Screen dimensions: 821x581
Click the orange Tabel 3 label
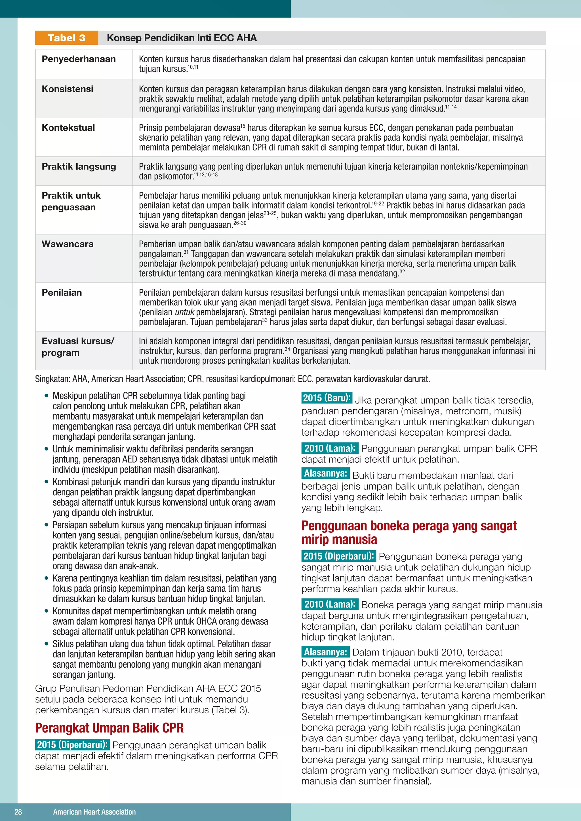67,38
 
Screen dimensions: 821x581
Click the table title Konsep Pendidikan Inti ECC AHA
182,38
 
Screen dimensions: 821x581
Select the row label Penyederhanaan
79,59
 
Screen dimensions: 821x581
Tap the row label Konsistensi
68,89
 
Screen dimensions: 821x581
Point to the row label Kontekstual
68,128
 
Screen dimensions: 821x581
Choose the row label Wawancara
68,244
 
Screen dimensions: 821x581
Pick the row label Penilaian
62,293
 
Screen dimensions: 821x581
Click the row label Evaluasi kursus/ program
78,346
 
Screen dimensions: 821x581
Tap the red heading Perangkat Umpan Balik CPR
110,728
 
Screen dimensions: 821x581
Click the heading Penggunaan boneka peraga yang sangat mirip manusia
409,532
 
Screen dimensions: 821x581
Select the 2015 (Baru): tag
327,398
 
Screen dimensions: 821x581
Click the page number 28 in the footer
18,812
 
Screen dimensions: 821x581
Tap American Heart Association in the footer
94,812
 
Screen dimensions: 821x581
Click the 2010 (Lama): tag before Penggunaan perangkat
329,448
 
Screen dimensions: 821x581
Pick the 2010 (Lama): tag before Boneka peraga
329,604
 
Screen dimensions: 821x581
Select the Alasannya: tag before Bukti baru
325,473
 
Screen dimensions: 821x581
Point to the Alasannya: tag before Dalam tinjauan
325,652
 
